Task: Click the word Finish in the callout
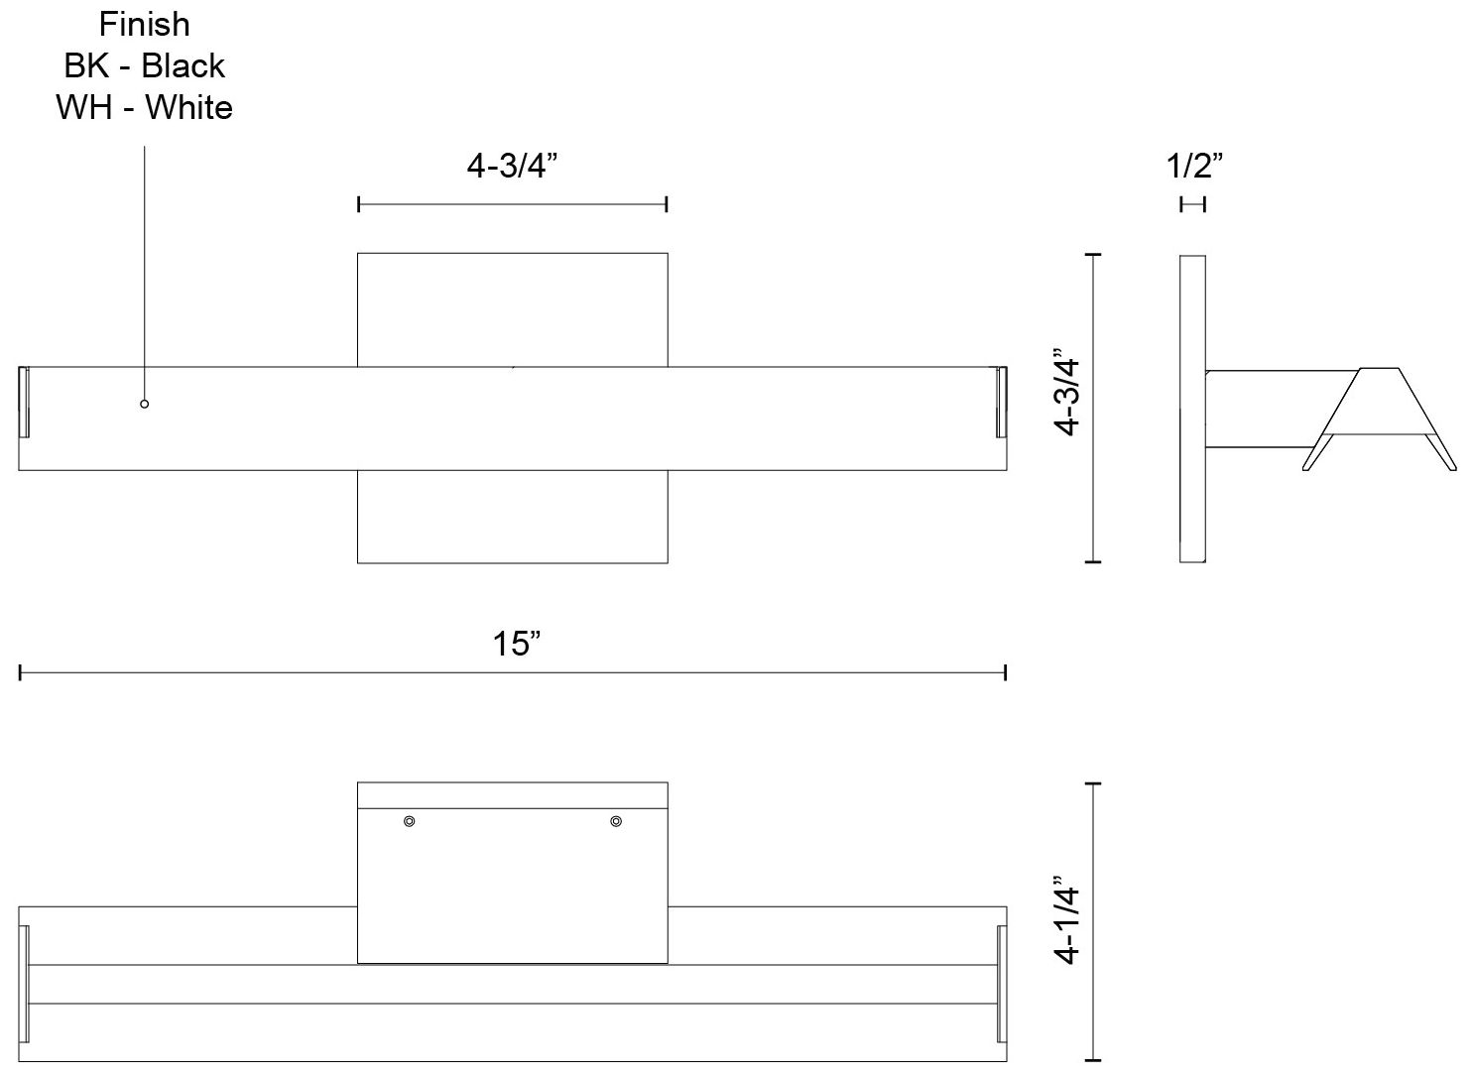145,25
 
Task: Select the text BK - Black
144,66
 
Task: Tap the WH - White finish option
144,108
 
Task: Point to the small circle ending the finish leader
145,404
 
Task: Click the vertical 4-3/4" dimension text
1066,392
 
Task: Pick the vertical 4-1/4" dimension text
1066,920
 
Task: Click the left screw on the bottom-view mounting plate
409,821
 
